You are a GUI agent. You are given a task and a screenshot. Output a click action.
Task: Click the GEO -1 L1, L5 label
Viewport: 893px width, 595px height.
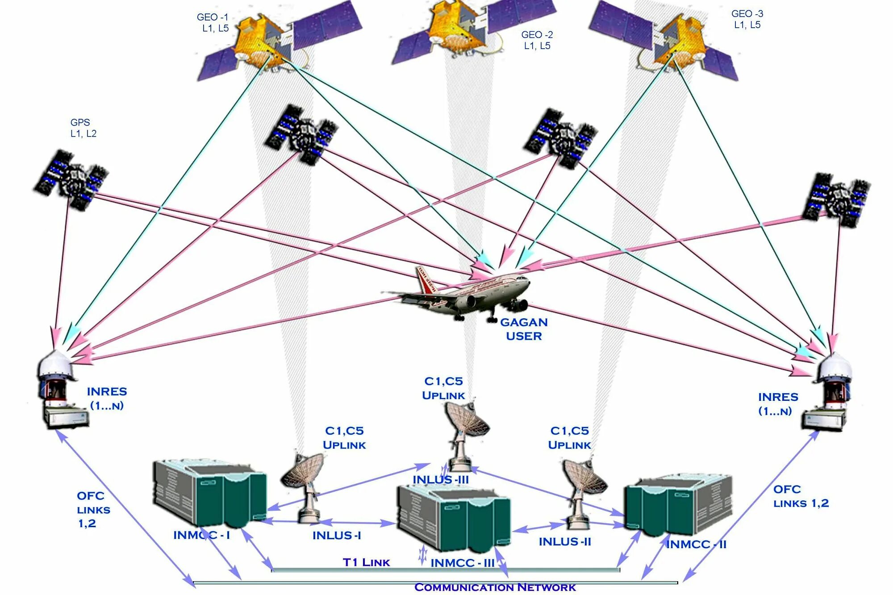point(213,23)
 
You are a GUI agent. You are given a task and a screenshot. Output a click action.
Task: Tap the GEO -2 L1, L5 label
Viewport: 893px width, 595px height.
point(537,40)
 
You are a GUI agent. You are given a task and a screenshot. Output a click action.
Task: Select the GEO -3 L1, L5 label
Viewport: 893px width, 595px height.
point(747,19)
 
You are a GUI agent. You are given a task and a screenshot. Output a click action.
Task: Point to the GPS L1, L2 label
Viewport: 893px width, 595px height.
point(83,128)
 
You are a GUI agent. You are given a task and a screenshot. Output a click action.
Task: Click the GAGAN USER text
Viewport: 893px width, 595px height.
point(524,329)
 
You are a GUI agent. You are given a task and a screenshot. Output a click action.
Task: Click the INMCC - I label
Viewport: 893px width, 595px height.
point(201,535)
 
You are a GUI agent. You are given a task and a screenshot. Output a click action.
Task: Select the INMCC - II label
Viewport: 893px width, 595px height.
point(696,544)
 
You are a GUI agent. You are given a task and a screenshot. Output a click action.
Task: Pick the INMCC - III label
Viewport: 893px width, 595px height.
point(462,563)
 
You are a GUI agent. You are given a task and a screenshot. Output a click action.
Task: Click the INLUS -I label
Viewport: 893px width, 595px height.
point(337,535)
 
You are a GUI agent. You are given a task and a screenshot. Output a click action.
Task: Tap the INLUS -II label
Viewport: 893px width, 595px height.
point(565,541)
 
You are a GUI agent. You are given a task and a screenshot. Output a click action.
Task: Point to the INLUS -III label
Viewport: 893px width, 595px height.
point(441,479)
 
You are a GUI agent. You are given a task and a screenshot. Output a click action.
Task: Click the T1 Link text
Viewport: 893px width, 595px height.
point(366,562)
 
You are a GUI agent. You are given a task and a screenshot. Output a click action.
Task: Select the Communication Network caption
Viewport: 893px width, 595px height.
point(495,587)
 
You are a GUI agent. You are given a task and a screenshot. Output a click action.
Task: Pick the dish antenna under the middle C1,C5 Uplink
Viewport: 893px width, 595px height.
point(467,422)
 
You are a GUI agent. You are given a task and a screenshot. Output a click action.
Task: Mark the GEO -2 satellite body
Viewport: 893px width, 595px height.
point(455,29)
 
